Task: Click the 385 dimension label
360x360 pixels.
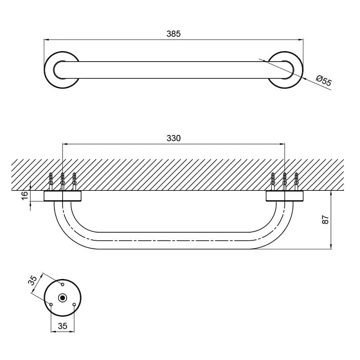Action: coord(174,34)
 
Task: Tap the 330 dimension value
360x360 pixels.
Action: coord(174,138)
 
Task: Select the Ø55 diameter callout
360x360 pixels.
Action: coord(324,81)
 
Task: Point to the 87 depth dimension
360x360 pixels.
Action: coord(325,220)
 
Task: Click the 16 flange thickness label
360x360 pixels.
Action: coord(25,195)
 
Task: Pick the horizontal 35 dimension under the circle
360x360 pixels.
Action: coord(63,326)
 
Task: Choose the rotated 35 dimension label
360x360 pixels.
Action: coord(32,280)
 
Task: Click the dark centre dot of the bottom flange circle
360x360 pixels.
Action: coord(63,298)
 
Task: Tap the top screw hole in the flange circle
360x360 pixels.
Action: coord(63,284)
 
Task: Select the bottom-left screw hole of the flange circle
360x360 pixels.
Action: coord(51,305)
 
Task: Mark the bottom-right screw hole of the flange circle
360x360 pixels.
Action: coord(74,305)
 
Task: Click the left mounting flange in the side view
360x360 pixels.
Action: coord(63,196)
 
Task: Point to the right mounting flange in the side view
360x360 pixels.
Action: coord(285,196)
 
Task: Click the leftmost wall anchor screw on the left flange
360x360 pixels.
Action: coord(51,181)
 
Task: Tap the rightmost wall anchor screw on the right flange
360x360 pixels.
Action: coord(296,181)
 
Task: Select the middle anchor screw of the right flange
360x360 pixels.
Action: coord(285,181)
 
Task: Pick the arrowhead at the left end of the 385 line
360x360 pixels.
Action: coord(46,40)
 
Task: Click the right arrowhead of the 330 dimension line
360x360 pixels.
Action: coord(282,144)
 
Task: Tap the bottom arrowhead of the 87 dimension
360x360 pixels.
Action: coord(331,246)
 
